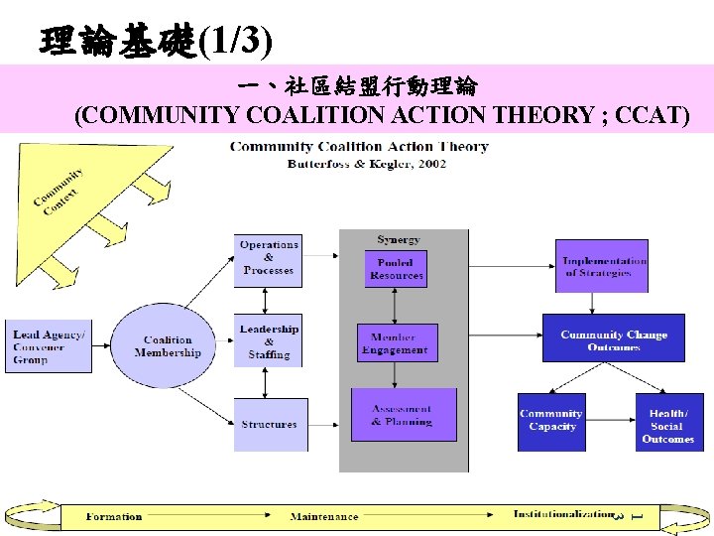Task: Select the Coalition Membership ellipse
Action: click(168, 346)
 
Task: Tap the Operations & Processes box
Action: click(268, 258)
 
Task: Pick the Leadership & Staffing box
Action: click(269, 340)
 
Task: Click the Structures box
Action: click(270, 424)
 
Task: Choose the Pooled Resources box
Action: click(396, 268)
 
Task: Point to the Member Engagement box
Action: click(396, 342)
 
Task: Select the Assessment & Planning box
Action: click(404, 415)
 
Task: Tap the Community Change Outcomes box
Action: click(613, 339)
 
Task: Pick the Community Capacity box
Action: click(551, 421)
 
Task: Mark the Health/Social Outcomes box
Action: click(667, 425)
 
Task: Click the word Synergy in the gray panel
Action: click(398, 239)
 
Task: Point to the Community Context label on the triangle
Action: click(58, 191)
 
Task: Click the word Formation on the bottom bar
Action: click(114, 516)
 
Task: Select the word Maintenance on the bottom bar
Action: click(324, 517)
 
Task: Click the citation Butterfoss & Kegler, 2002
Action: click(366, 164)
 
